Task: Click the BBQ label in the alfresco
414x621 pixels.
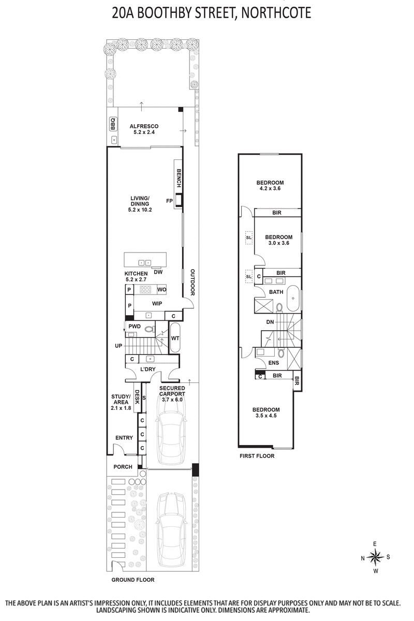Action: [113, 125]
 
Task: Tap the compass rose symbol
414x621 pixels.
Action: [376, 557]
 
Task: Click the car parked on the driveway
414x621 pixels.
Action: [171, 524]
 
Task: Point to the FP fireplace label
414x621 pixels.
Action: [169, 201]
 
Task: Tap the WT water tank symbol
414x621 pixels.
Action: [175, 338]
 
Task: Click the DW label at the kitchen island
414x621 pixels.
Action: [158, 272]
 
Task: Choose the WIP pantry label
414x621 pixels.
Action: [158, 303]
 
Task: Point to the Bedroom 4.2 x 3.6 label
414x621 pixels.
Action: [270, 186]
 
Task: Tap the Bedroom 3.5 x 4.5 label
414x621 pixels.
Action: [266, 412]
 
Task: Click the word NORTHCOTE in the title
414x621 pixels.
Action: [275, 13]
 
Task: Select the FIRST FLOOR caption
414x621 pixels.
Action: [257, 456]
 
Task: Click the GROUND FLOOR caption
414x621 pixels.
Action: [133, 580]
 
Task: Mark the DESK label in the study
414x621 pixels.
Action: [137, 397]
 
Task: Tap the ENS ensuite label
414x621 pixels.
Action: [273, 363]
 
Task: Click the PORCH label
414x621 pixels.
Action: [123, 467]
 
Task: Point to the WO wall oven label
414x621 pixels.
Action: [161, 289]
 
